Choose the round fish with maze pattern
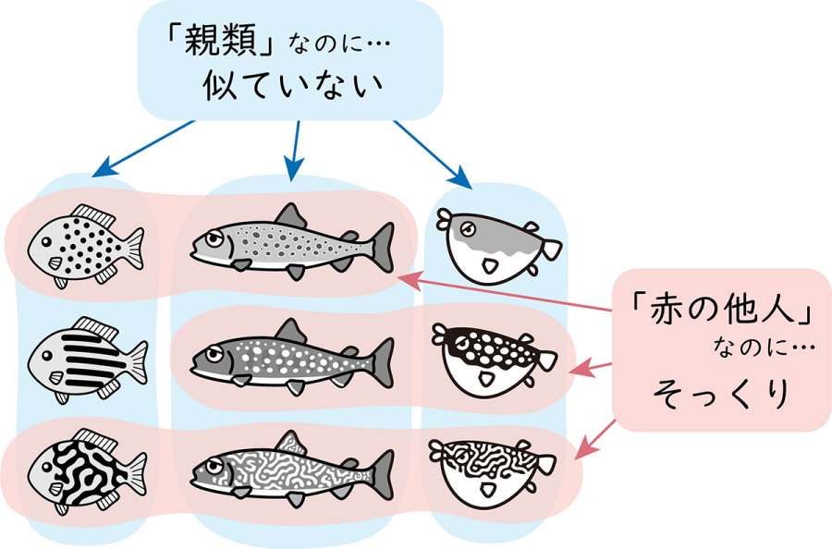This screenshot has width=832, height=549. [x=85, y=470]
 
